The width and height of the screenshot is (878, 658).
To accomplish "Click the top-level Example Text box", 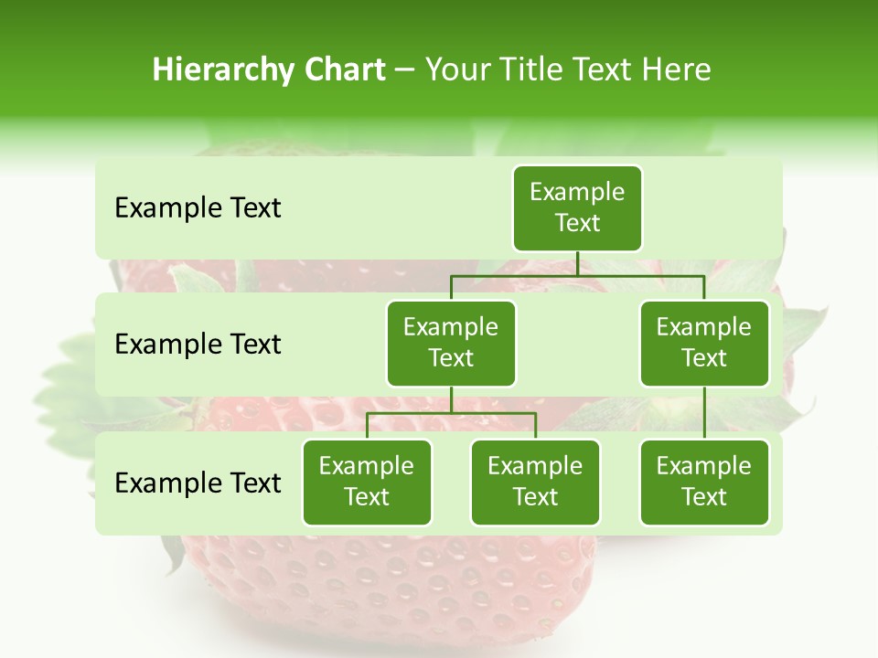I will pyautogui.click(x=577, y=207).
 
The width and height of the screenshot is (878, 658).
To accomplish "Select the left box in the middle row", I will pyautogui.click(x=451, y=343).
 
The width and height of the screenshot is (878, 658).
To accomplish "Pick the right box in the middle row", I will pyautogui.click(x=704, y=343).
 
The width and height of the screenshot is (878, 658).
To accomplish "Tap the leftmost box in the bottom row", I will pyautogui.click(x=367, y=482).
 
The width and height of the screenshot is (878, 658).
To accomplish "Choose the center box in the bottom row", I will pyautogui.click(x=535, y=482).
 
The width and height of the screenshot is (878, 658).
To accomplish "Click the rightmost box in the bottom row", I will pyautogui.click(x=704, y=482).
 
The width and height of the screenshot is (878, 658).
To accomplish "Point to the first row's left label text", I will pyautogui.click(x=198, y=208).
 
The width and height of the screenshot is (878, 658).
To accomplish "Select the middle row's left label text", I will pyautogui.click(x=198, y=345).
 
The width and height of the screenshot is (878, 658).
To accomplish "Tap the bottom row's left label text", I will pyautogui.click(x=198, y=483).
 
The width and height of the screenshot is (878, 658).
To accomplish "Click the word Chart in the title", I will pyautogui.click(x=344, y=69).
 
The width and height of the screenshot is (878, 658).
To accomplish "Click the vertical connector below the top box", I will pyautogui.click(x=577, y=263).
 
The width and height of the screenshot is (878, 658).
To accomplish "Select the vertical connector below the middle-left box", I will pyautogui.click(x=451, y=399).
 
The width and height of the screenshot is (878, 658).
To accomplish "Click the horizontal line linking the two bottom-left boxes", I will pyautogui.click(x=451, y=413).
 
